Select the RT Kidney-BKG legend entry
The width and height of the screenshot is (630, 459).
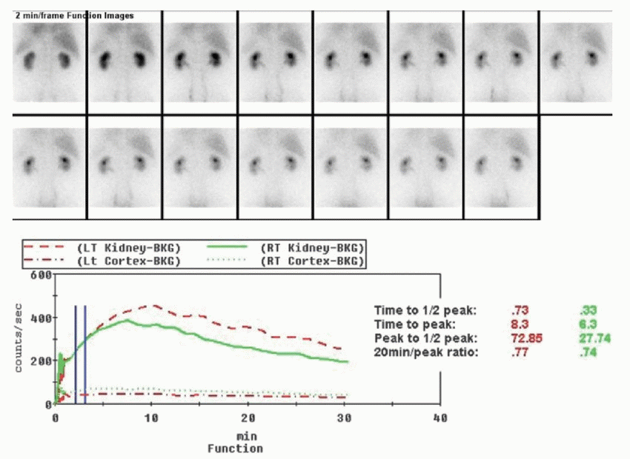(x=311, y=247)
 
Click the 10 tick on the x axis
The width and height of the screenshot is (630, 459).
(x=151, y=418)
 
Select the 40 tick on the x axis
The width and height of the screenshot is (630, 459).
(x=440, y=418)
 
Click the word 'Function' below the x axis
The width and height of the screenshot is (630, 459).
(x=235, y=448)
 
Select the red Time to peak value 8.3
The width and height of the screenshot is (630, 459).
(x=520, y=324)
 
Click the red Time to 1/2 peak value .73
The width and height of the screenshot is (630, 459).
(x=520, y=310)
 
